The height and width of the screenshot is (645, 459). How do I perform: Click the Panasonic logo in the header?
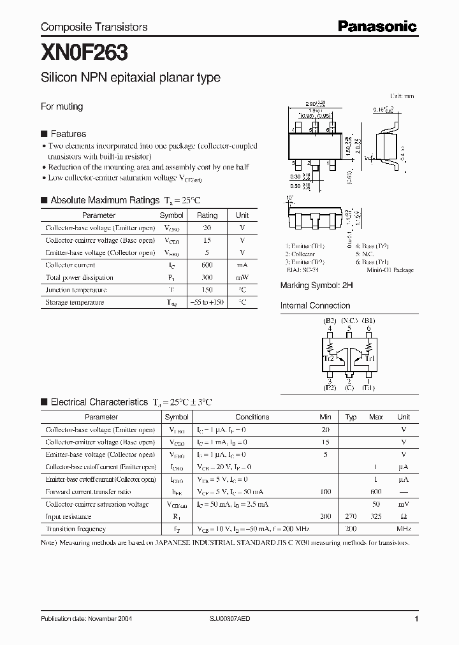(x=377, y=27)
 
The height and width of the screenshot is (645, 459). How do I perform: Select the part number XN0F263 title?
(x=75, y=51)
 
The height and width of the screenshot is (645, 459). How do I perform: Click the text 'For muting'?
(x=62, y=106)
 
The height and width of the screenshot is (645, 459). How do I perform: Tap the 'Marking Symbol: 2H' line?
(x=316, y=286)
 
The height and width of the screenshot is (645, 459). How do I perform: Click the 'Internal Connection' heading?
(x=315, y=306)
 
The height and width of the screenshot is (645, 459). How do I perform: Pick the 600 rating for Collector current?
(x=207, y=265)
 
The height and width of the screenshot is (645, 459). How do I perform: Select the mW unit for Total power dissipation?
(x=242, y=277)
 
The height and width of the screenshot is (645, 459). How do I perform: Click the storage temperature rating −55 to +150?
(x=207, y=302)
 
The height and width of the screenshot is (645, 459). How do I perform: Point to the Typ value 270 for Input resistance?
(x=351, y=517)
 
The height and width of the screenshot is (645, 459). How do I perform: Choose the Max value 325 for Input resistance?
(x=375, y=517)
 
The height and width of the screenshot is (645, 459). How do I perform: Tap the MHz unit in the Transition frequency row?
(x=404, y=529)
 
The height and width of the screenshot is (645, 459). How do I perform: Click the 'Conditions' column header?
(x=252, y=417)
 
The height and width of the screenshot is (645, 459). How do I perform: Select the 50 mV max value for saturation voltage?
(x=375, y=504)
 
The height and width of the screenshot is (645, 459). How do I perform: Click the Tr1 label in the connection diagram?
(x=369, y=358)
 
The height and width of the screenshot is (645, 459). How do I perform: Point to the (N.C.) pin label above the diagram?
(x=349, y=320)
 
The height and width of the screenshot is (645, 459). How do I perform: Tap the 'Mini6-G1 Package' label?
(x=390, y=270)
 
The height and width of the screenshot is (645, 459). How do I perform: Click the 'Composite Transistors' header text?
(x=94, y=27)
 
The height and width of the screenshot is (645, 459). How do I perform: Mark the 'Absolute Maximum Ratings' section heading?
(x=105, y=200)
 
